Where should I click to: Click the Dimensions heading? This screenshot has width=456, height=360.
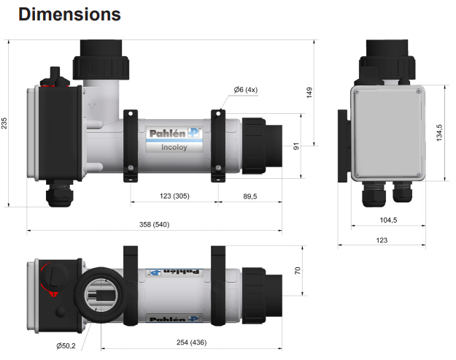click(69, 14)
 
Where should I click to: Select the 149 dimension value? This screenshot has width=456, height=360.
click(309, 92)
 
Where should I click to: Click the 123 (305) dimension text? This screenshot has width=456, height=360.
click(174, 196)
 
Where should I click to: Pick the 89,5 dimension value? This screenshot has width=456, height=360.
click(251, 196)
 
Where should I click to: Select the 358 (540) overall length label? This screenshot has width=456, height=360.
click(153, 223)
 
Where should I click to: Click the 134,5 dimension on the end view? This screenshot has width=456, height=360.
click(438, 133)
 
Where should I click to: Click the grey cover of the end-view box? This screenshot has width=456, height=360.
click(387, 133)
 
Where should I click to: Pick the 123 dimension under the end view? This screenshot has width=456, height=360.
click(381, 240)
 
